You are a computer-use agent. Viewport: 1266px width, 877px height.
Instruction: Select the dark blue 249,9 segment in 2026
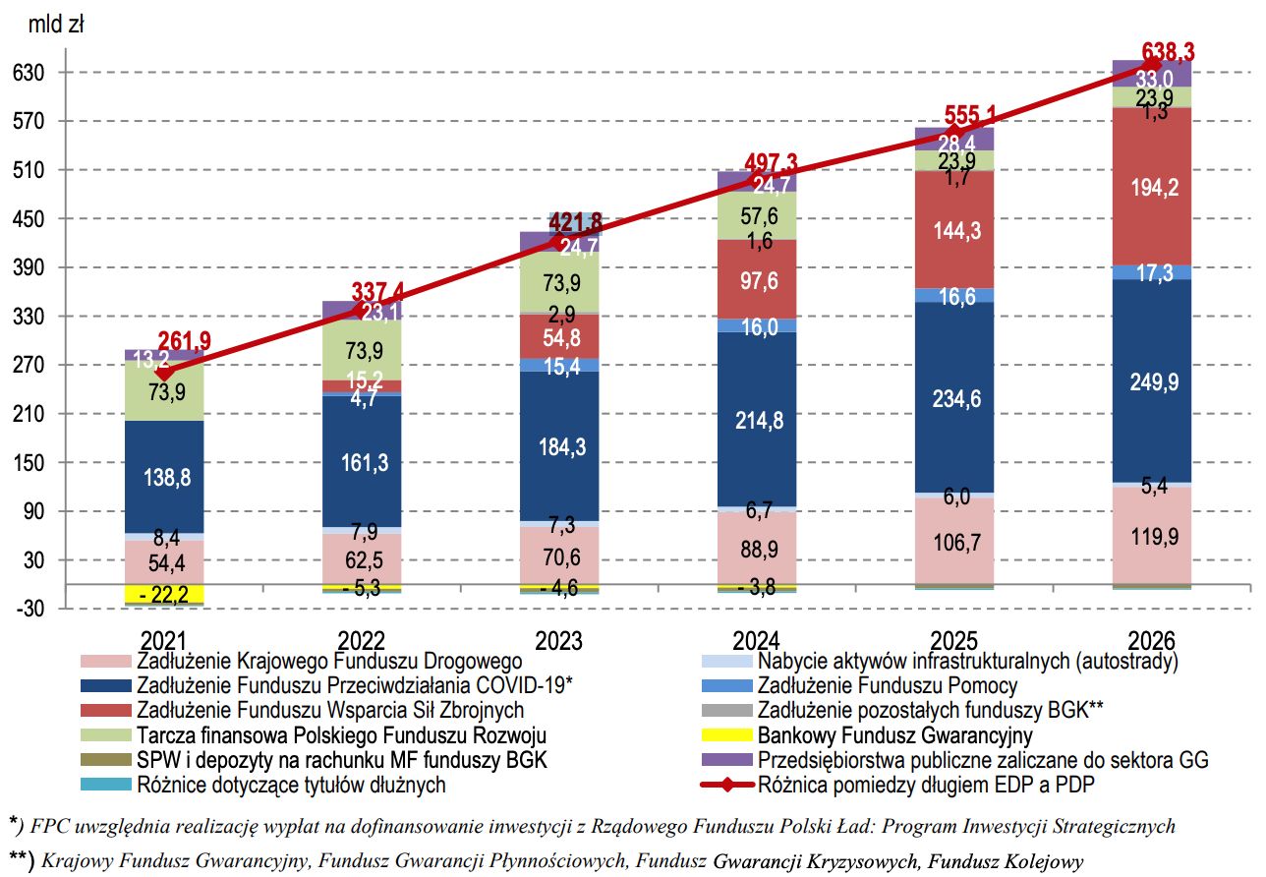pos(1153,381)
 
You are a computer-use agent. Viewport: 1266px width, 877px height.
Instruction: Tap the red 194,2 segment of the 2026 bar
pos(1153,187)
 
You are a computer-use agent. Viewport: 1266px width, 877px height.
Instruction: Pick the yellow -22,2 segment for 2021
pos(164,594)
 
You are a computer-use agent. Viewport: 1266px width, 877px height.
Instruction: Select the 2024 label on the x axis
pos(758,639)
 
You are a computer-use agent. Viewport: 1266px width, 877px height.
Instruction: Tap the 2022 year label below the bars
pos(362,639)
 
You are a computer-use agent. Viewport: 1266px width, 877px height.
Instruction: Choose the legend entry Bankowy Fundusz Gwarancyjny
pos(894,734)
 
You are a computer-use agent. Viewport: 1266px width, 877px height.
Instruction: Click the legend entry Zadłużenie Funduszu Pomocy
pos(888,685)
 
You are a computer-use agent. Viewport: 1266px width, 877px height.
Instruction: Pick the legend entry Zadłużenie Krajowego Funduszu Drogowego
pos(330,661)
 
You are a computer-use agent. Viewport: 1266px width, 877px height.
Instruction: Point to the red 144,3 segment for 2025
pos(955,229)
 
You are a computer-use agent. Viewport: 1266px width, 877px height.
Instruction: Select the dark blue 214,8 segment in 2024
pos(758,420)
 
